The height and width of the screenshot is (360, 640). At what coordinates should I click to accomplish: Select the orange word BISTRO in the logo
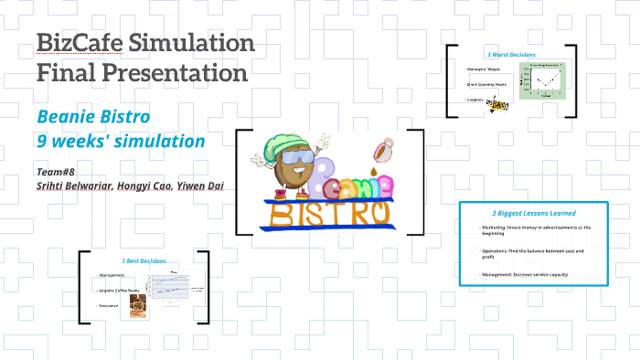coord(325,212)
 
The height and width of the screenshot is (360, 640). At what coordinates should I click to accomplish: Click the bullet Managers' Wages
coord(482,67)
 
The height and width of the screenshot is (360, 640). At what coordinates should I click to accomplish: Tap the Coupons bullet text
coord(475,99)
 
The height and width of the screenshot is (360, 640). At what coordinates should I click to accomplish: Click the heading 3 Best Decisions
coord(144,260)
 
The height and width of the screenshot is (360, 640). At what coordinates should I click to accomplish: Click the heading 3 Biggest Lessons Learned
coord(533,212)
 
